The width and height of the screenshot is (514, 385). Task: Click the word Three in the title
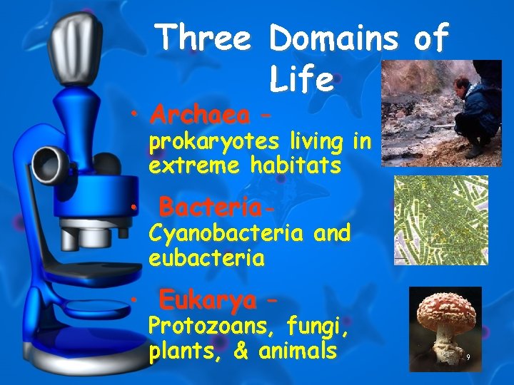pyautogui.click(x=204, y=37)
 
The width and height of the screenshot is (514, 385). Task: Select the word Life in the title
pyautogui.click(x=302, y=79)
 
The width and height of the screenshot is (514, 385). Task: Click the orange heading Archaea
pyautogui.click(x=201, y=114)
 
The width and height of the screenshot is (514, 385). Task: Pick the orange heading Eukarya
pyautogui.click(x=207, y=300)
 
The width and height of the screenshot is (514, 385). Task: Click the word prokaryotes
pyautogui.click(x=213, y=143)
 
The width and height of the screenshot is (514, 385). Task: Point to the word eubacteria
pyautogui.click(x=207, y=257)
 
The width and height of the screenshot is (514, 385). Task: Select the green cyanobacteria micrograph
pyautogui.click(x=441, y=220)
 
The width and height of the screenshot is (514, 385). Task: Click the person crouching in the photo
pyautogui.click(x=478, y=107)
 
